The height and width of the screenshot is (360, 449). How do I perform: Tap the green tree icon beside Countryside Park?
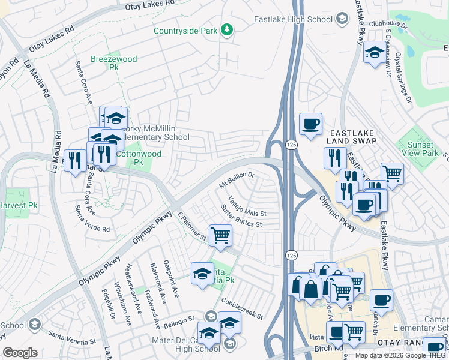(227, 29)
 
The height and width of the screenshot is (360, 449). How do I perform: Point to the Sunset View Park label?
(420, 149)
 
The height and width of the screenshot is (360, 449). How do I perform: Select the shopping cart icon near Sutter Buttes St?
(220, 235)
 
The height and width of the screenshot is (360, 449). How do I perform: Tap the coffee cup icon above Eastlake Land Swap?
(310, 124)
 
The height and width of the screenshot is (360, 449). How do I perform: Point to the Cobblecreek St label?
(242, 308)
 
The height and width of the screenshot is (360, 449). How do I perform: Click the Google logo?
(20, 353)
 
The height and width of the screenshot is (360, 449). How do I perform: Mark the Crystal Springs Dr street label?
(403, 74)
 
